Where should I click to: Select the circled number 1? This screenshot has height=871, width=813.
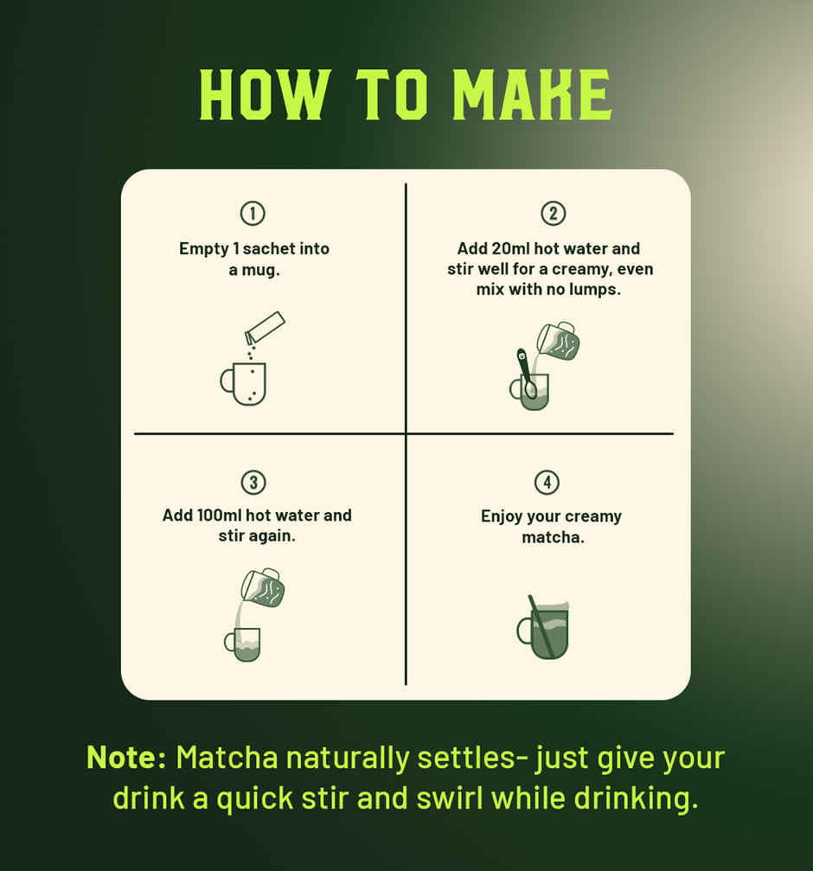(253, 214)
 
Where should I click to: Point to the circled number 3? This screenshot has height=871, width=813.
(253, 483)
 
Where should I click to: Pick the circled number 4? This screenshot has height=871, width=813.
(546, 483)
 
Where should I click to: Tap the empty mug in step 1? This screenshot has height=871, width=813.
(246, 383)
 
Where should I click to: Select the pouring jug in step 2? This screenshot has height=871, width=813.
(559, 342)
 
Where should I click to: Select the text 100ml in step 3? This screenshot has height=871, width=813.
(220, 516)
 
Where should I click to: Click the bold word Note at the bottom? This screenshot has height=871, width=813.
(126, 758)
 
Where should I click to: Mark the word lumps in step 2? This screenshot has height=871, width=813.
(596, 290)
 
